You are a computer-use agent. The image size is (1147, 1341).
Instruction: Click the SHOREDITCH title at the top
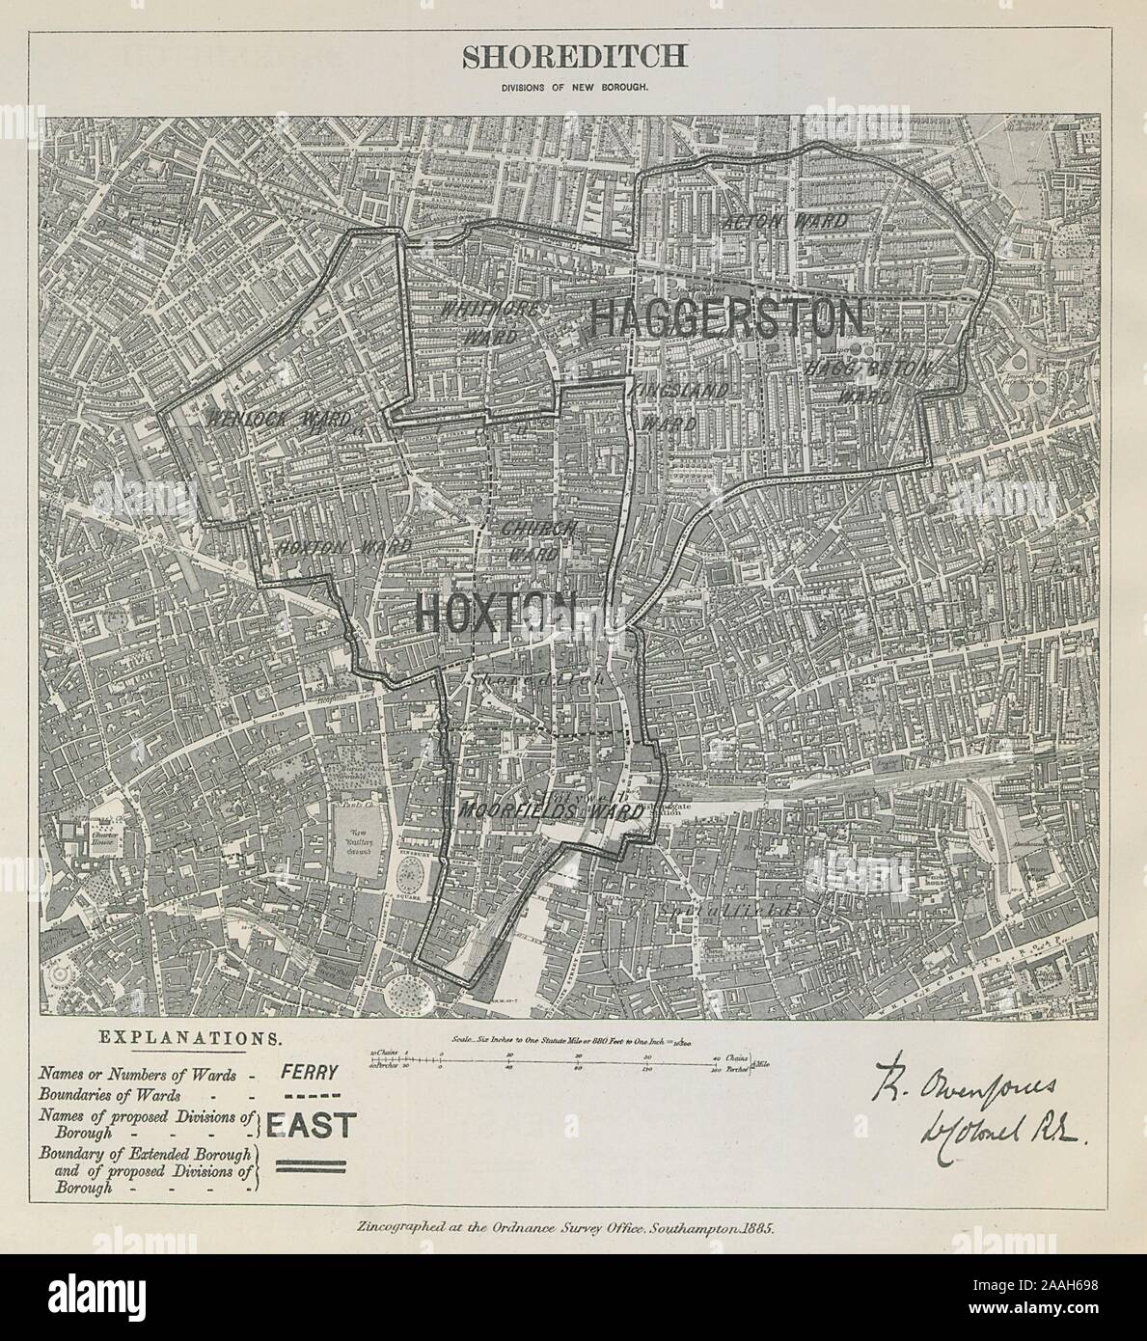(x=574, y=56)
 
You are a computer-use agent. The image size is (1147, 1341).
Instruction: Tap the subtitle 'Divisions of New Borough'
(x=574, y=87)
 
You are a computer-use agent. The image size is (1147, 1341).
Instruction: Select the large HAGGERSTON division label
(x=725, y=317)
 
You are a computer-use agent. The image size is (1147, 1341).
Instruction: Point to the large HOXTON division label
(x=496, y=613)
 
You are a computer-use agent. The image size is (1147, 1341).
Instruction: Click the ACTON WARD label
(x=784, y=222)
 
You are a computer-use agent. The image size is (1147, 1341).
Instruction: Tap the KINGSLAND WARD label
(x=666, y=407)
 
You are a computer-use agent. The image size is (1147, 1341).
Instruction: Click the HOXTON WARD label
(x=343, y=545)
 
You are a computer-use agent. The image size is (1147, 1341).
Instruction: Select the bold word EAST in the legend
(x=311, y=1125)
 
